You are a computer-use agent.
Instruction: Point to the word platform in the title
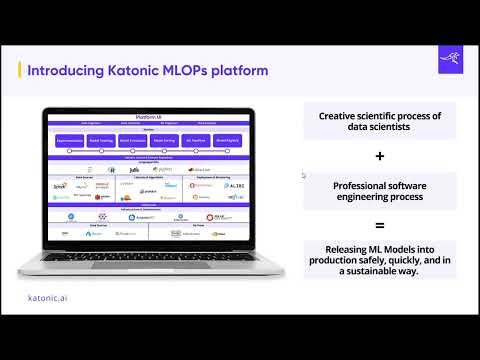[x=244, y=71]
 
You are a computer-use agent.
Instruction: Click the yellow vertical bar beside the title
[x=21, y=71]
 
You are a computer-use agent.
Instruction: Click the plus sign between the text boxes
[x=379, y=157]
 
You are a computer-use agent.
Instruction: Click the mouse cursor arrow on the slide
[x=304, y=175]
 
